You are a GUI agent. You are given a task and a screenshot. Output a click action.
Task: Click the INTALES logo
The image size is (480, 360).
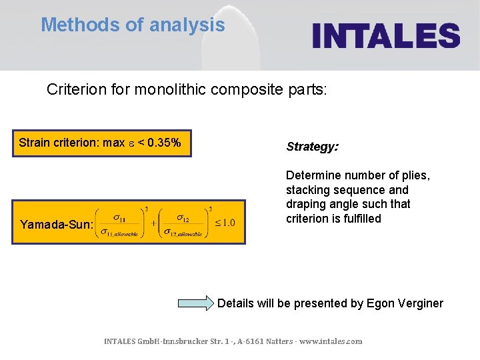[x=386, y=35]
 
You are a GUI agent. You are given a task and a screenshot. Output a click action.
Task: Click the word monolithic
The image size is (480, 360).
[x=173, y=89]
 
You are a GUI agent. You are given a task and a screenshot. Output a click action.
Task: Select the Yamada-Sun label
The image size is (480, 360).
[x=56, y=225]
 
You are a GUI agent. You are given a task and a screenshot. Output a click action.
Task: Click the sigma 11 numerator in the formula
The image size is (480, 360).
[x=120, y=217]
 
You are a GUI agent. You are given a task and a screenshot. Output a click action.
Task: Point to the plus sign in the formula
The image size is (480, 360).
[x=154, y=223]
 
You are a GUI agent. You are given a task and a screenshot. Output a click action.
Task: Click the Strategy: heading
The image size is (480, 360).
[x=312, y=147]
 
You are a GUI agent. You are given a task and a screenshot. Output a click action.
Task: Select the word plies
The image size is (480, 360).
[x=413, y=175]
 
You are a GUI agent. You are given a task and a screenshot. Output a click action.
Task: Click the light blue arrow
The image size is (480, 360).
[x=195, y=303]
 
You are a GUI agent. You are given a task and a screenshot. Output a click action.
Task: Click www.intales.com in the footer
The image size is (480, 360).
[x=331, y=341]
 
